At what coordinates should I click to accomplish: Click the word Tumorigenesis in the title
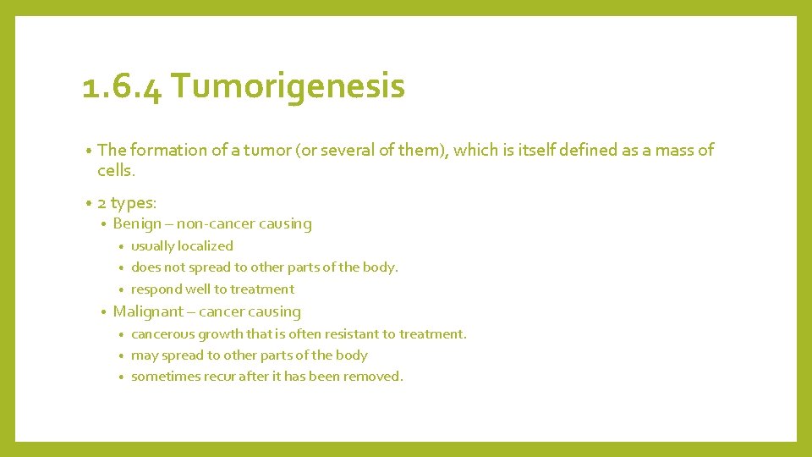288,87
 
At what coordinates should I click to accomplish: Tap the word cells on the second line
114,171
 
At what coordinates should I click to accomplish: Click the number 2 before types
101,202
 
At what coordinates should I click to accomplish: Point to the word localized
206,246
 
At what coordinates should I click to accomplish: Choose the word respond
156,289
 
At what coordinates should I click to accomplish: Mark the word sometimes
165,377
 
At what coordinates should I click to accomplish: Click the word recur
219,377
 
